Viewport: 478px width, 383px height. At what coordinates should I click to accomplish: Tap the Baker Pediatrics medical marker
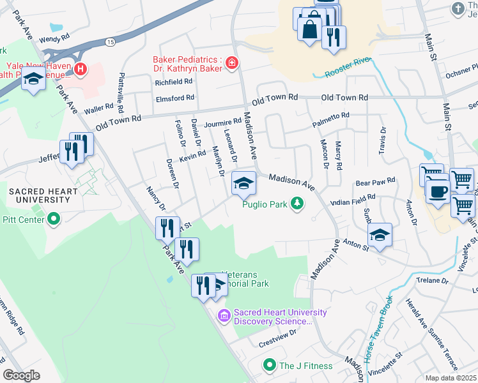pyautogui.click(x=231, y=63)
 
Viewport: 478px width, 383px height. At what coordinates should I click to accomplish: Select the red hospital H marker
pyautogui.click(x=81, y=69)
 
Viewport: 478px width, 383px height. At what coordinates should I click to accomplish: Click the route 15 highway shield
pyautogui.click(x=111, y=41)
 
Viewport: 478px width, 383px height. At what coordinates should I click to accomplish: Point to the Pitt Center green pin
pyautogui.click(x=54, y=220)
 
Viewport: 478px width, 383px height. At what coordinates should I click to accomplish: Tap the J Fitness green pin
pyautogui.click(x=270, y=366)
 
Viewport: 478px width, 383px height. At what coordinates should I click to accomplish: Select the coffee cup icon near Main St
pyautogui.click(x=437, y=191)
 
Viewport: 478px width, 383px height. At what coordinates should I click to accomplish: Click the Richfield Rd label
pyautogui.click(x=173, y=82)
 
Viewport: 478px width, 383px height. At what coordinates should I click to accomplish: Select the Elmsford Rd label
pyautogui.click(x=174, y=98)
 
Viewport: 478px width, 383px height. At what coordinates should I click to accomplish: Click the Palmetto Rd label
pyautogui.click(x=330, y=116)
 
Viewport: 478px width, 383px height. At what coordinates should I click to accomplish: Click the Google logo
pyautogui.click(x=21, y=375)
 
